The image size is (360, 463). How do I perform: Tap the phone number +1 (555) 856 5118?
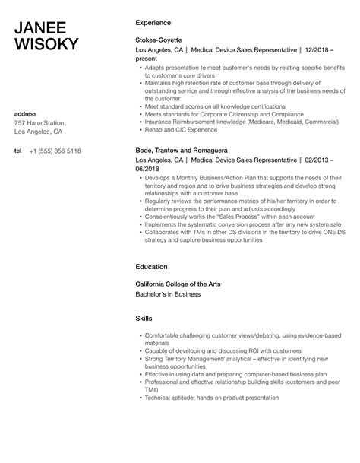55,151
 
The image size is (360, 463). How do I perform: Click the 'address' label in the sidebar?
26,114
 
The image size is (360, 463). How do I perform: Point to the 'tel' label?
18,151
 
